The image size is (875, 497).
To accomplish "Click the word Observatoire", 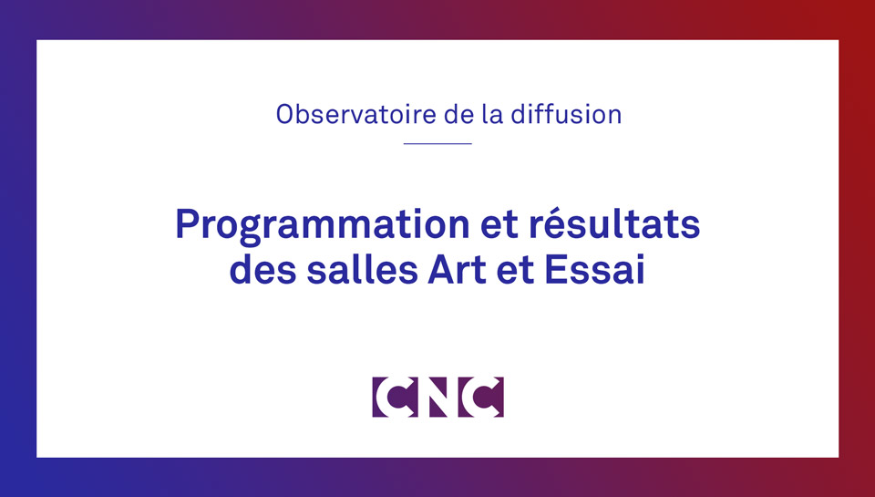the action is click(356, 114).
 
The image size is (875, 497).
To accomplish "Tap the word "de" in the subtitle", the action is click(458, 114).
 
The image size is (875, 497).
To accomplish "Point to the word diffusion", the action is click(566, 114).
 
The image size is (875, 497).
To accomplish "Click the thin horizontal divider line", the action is click(437, 143).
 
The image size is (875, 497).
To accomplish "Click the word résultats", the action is click(614, 223).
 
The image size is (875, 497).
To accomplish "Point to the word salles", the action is click(362, 270).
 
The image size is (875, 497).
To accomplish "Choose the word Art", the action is click(457, 270).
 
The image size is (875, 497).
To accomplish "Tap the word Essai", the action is click(595, 270).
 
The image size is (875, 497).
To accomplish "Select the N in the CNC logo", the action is click(438, 397).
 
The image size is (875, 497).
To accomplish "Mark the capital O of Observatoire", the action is click(285, 115).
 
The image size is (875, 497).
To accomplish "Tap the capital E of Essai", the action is click(555, 270).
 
